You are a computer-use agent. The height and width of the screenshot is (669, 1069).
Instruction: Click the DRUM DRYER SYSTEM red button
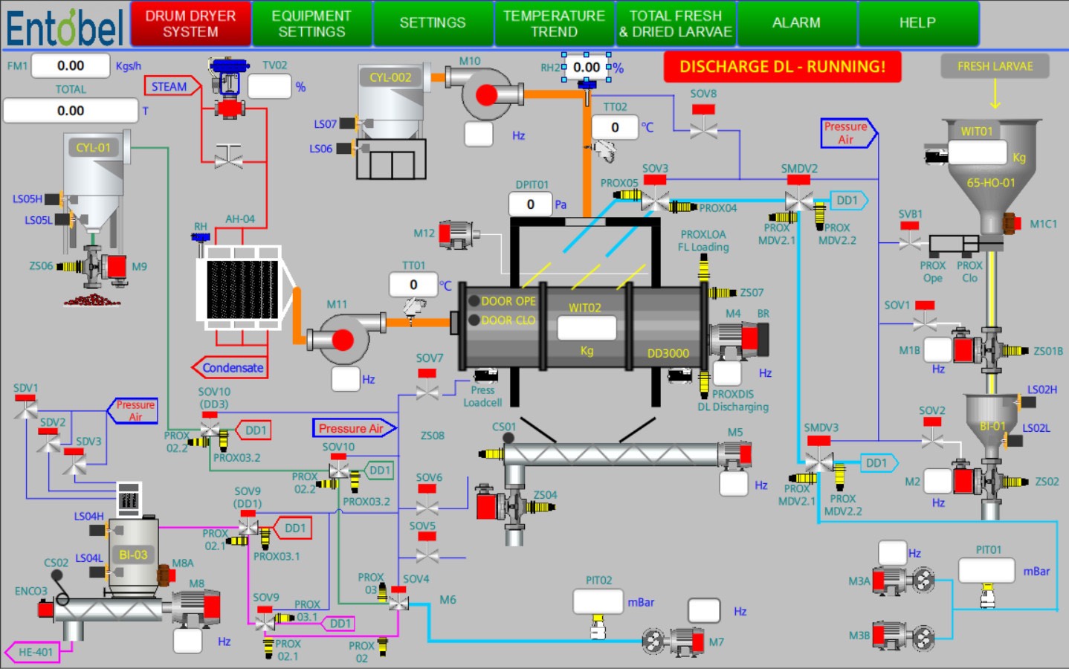pos(190,24)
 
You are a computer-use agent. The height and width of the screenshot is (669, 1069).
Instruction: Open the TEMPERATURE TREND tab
pos(554,24)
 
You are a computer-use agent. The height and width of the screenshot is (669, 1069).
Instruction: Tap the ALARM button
pos(796,24)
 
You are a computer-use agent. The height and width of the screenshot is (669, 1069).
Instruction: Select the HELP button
pos(917,24)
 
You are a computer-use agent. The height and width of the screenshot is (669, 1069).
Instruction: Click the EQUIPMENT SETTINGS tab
pos(311,24)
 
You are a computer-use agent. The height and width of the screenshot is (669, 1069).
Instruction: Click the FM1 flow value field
pos(71,66)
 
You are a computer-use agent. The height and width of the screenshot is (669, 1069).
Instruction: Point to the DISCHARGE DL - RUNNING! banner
pos(782,67)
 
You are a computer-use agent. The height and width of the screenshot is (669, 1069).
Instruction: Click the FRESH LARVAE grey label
pos(995,67)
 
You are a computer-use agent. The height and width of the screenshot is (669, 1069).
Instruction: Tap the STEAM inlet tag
pos(170,87)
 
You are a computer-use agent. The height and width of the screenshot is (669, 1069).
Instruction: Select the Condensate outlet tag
pos(232,368)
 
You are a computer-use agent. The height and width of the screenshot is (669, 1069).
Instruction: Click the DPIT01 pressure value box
pos(530,204)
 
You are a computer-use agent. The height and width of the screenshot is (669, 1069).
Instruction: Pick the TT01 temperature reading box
pos(413,285)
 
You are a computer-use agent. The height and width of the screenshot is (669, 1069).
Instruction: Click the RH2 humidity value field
pos(587,68)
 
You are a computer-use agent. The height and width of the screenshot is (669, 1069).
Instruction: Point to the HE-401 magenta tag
pos(35,653)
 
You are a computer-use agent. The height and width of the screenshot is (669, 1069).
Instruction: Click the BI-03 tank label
pos(133,555)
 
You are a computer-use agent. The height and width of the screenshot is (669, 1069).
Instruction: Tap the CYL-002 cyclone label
pos(390,77)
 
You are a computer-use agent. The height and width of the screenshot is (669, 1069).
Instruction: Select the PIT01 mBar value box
pos(986,571)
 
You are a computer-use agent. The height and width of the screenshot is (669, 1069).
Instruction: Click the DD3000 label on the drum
pos(668,354)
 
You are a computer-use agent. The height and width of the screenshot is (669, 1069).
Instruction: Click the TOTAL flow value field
pos(71,111)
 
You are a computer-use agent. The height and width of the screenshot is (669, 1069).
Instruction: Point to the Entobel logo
pos(65,28)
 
